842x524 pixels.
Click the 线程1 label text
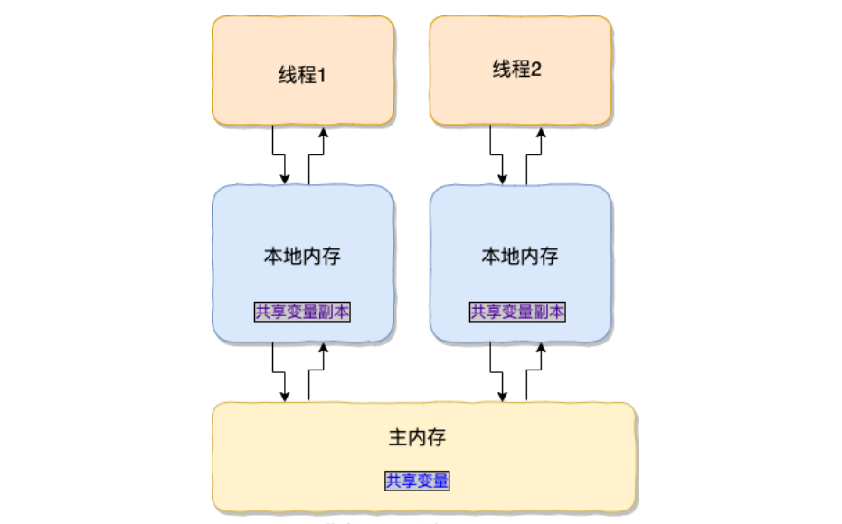[x=302, y=75]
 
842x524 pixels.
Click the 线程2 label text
[x=516, y=70]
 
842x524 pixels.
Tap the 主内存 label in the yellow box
[x=417, y=438]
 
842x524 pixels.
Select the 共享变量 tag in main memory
[x=417, y=481]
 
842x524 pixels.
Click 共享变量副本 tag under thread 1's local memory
[x=302, y=312]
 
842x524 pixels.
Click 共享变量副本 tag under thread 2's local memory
[x=518, y=312]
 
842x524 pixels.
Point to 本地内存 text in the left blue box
[x=302, y=256]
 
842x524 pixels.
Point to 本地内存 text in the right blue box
[x=519, y=256]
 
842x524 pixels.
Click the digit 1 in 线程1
[x=320, y=76]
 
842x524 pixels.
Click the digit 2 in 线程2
[x=535, y=70]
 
